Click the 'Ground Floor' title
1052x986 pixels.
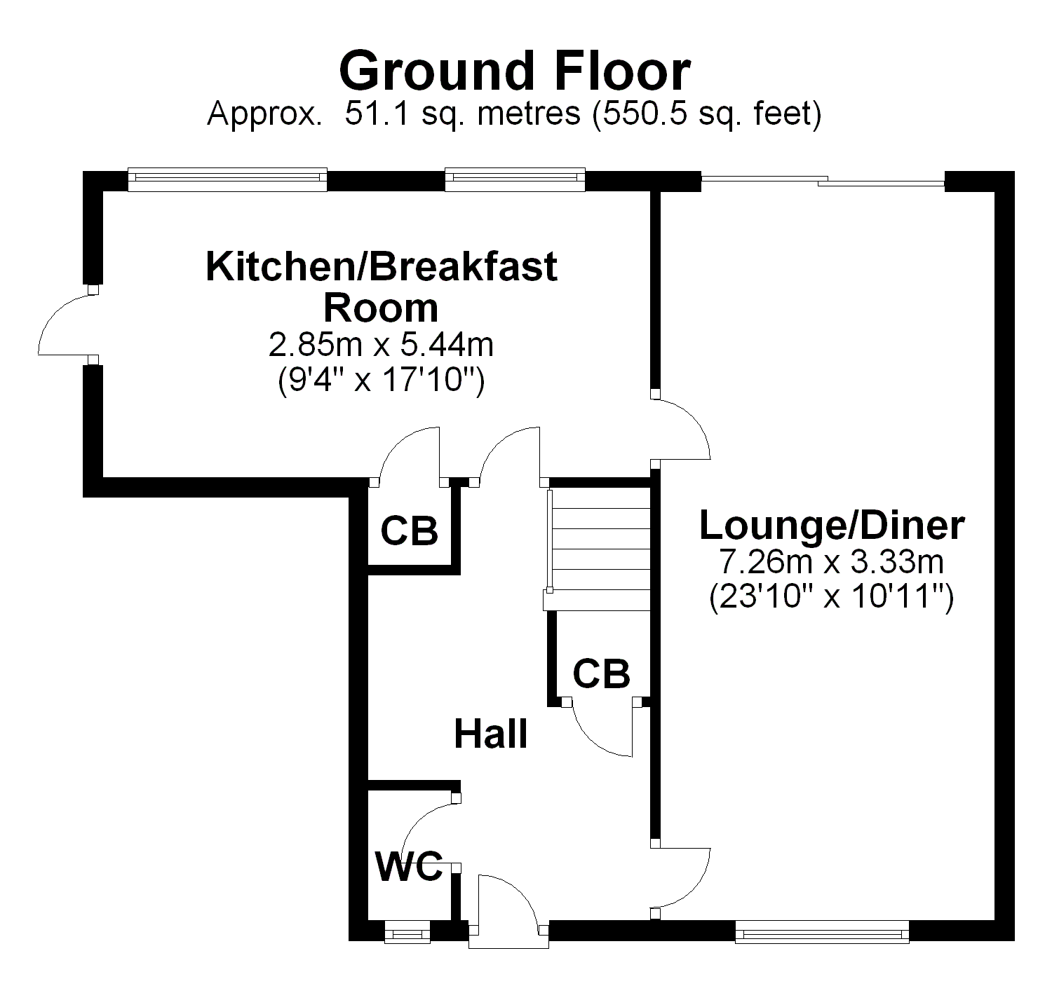click(x=514, y=71)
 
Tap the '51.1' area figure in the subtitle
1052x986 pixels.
click(x=377, y=114)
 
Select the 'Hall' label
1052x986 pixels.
click(x=490, y=734)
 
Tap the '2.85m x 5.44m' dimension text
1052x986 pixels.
click(x=381, y=345)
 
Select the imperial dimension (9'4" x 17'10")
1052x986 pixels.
click(x=381, y=381)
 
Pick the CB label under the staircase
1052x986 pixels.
click(x=601, y=674)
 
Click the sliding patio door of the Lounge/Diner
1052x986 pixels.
click(x=823, y=182)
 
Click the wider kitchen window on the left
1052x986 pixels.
click(x=228, y=179)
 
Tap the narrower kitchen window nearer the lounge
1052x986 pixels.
click(x=515, y=179)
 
